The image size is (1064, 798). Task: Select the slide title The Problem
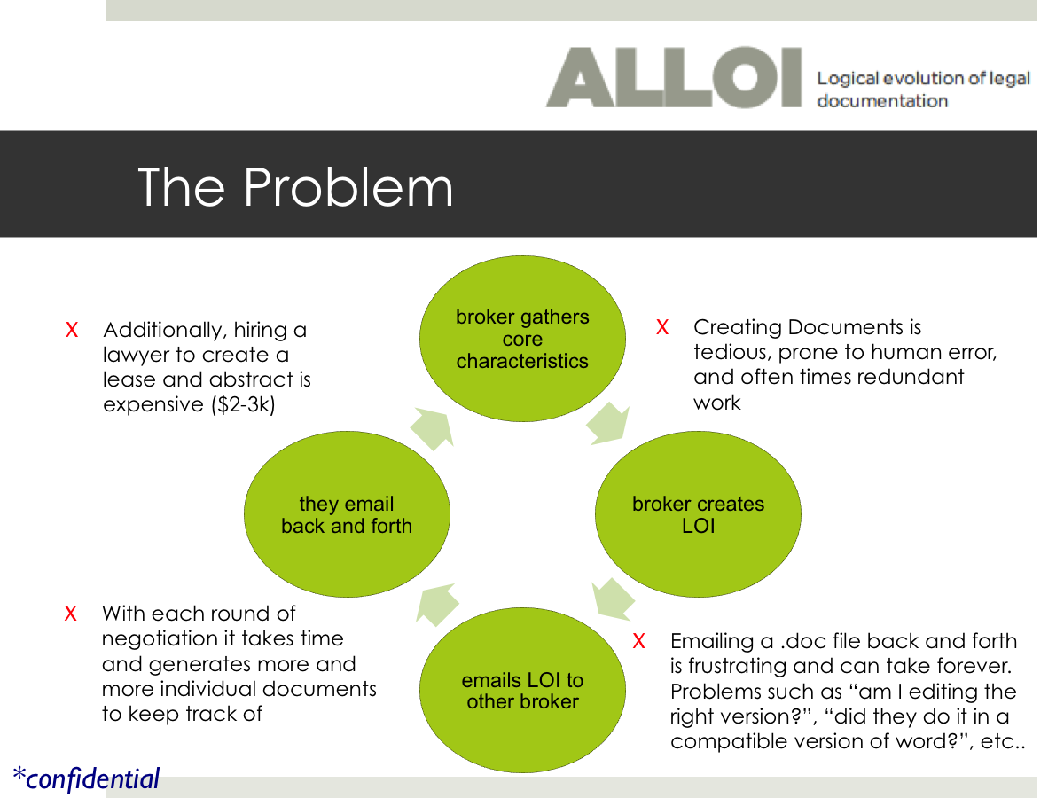click(x=295, y=187)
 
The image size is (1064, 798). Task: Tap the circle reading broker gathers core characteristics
click(x=522, y=339)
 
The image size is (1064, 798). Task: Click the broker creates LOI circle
click(x=698, y=514)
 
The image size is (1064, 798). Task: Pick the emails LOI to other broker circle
click(x=522, y=691)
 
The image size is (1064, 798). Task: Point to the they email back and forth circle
click(x=347, y=514)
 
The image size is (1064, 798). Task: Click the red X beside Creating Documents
click(x=661, y=327)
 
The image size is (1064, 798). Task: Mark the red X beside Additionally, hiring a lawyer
click(x=73, y=330)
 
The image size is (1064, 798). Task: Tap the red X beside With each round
click(x=71, y=614)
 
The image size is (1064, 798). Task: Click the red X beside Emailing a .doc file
click(x=638, y=640)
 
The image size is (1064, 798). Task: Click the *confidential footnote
click(x=86, y=778)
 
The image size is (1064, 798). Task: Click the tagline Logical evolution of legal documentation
click(x=922, y=89)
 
